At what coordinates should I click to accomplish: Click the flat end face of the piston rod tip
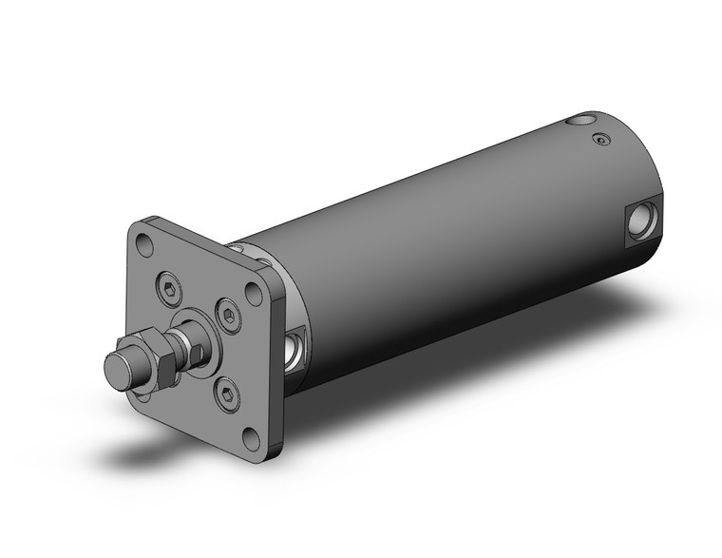[x=116, y=368]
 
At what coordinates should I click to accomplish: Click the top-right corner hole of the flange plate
[x=255, y=293]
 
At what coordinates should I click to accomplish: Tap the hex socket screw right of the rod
[x=227, y=317]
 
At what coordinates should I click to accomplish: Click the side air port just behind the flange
[x=296, y=348]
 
